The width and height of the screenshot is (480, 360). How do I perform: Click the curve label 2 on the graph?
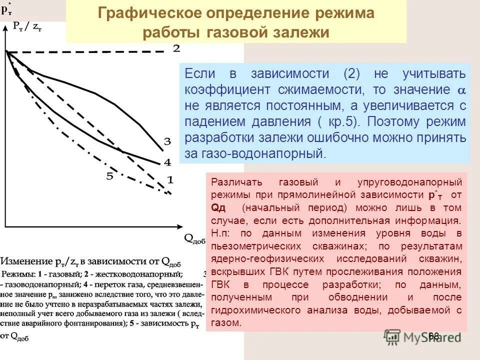(x=176, y=48)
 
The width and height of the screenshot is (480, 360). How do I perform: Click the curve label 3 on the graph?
(x=167, y=141)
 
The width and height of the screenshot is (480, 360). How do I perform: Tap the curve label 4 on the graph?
(x=167, y=162)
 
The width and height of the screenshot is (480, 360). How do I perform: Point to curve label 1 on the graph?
(x=169, y=179)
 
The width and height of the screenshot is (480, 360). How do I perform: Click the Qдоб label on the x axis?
(x=195, y=239)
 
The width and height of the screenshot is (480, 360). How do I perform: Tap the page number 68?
(x=433, y=336)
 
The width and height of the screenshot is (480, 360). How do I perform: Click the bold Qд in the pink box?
(x=218, y=207)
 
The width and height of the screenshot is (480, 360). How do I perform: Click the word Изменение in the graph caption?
(x=27, y=261)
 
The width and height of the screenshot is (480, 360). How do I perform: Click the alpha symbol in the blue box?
(x=461, y=90)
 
